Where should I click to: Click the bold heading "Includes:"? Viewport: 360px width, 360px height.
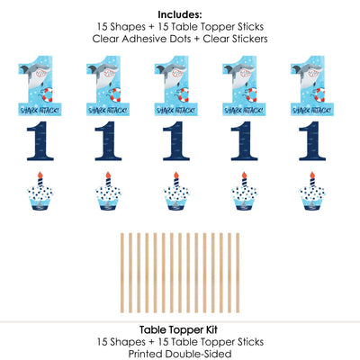tap(180, 14)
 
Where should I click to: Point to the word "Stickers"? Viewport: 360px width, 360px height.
tap(247, 39)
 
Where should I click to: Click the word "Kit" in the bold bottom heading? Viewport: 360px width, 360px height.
tap(211, 330)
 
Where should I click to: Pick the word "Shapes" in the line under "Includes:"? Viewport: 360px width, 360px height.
tap(128, 27)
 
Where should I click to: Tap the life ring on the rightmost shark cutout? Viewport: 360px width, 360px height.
tap(319, 94)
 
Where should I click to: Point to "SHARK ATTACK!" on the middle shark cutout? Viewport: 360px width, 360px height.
tap(176, 111)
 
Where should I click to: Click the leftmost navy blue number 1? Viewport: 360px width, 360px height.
tap(40, 141)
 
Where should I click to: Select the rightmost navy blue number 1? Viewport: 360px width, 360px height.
tap(312, 141)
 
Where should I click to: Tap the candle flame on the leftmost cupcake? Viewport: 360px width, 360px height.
tap(40, 175)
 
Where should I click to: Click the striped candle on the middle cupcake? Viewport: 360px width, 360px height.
tap(176, 183)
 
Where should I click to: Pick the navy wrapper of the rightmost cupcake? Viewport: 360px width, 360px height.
tap(312, 207)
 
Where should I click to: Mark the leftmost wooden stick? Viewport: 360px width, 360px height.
tap(122, 273)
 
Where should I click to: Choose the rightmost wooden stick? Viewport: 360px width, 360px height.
tap(238, 273)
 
